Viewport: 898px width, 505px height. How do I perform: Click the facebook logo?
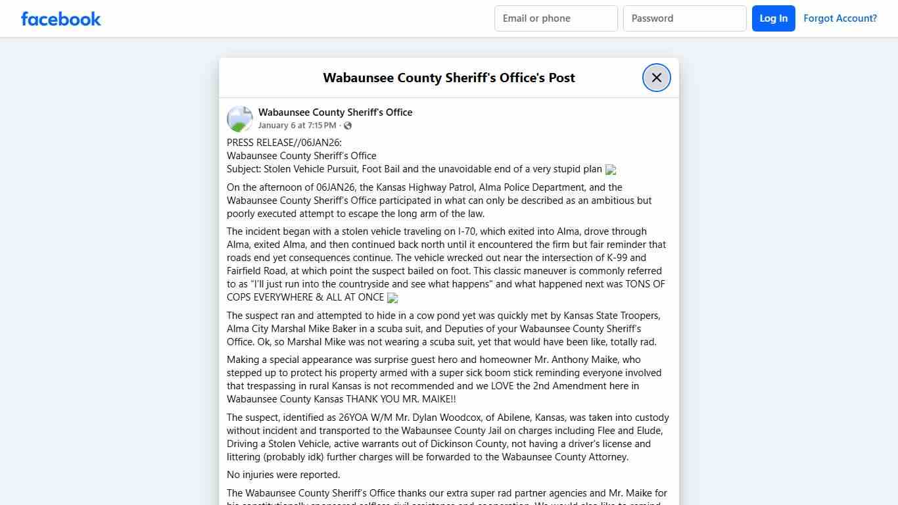pyautogui.click(x=61, y=18)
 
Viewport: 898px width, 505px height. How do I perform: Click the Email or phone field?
pyautogui.click(x=555, y=18)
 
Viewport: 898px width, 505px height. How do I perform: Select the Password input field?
pyautogui.click(x=684, y=18)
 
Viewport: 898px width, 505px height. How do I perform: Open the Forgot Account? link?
pyautogui.click(x=840, y=18)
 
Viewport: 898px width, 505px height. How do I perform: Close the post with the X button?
pyautogui.click(x=656, y=78)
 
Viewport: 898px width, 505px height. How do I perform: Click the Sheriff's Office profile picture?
pyautogui.click(x=240, y=119)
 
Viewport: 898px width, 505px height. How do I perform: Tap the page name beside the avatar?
pyautogui.click(x=335, y=112)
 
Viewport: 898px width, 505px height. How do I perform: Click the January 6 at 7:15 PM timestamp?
pyautogui.click(x=297, y=126)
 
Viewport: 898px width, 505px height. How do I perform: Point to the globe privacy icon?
pyautogui.click(x=348, y=126)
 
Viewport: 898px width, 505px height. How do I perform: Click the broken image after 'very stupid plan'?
pyautogui.click(x=611, y=170)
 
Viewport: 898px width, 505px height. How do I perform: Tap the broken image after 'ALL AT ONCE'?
pyautogui.click(x=392, y=298)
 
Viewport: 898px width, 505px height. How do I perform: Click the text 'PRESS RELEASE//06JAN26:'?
pyautogui.click(x=284, y=143)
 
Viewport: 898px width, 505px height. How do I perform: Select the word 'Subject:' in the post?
pyautogui.click(x=244, y=169)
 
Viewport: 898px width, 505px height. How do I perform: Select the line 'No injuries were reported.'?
pyautogui.click(x=283, y=475)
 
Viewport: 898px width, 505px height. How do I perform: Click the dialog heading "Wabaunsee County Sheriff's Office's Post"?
pyautogui.click(x=449, y=78)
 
